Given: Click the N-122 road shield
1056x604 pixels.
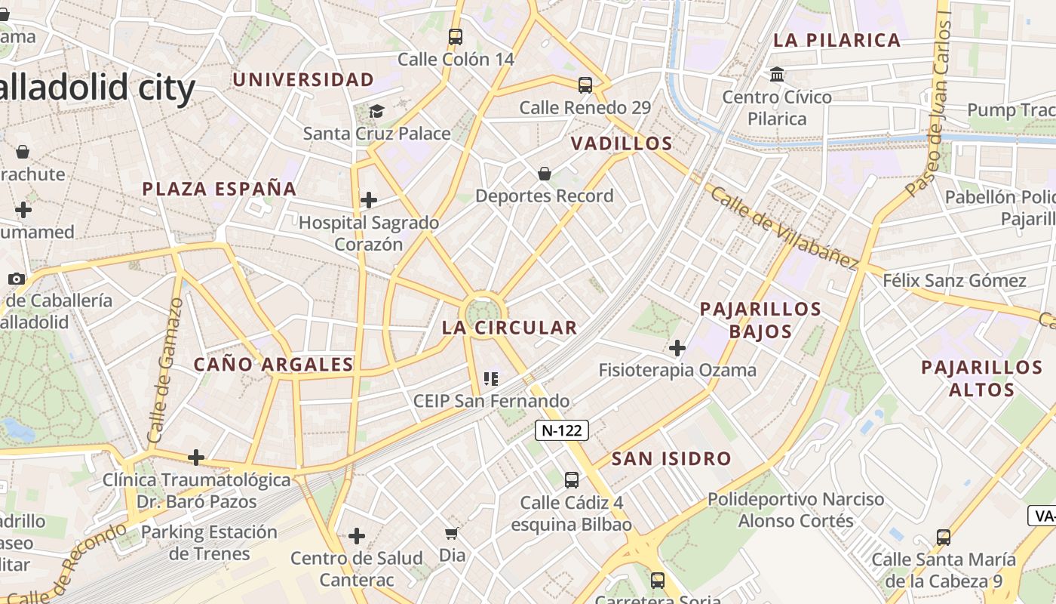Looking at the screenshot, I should [x=561, y=430].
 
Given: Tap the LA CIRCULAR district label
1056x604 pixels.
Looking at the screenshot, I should [x=509, y=328].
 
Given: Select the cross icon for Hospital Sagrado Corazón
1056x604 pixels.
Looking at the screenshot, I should [x=369, y=200].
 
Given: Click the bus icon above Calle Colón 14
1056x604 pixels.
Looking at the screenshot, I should [x=456, y=36].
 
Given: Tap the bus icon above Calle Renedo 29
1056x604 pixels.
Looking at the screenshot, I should [x=585, y=85].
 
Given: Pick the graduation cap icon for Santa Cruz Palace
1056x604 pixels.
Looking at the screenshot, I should [x=376, y=112].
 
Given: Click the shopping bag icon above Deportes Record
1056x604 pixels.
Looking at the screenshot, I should [x=545, y=174].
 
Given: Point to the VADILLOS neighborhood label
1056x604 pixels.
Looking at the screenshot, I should [x=622, y=143].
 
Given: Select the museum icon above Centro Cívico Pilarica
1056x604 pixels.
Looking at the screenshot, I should [x=777, y=75].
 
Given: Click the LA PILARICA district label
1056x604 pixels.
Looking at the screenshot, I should [x=837, y=41].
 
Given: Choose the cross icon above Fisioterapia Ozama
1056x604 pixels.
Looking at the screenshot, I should [x=677, y=348].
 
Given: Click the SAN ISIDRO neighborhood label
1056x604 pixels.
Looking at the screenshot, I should [x=671, y=458].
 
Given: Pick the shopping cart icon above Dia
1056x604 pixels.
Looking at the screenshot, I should [x=452, y=534].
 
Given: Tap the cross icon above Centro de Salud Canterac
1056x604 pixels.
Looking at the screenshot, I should [x=357, y=536].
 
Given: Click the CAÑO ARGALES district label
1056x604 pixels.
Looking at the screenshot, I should [x=274, y=365].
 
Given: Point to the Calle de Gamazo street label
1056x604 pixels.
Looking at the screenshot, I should [x=166, y=370].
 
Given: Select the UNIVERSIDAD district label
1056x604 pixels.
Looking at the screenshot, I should [x=303, y=79].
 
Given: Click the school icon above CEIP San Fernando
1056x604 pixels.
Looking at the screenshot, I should [x=491, y=378].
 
